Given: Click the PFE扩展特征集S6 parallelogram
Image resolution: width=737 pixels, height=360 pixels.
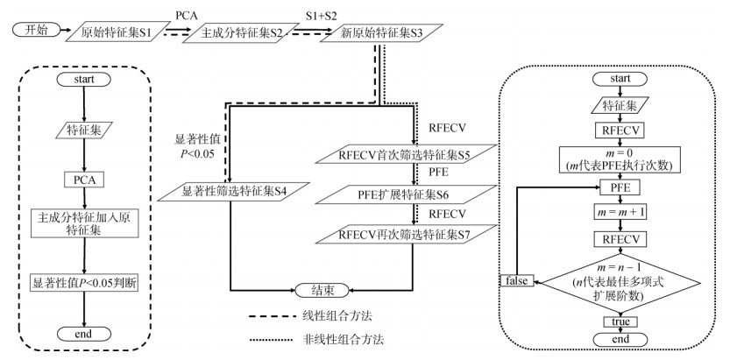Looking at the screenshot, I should coord(404,194).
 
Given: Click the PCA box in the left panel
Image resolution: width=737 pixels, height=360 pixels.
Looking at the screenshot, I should coord(84,179).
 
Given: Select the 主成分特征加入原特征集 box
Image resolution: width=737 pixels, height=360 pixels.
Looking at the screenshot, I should coord(84,222).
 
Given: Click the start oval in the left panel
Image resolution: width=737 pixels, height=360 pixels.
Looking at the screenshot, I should coord(84,80).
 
